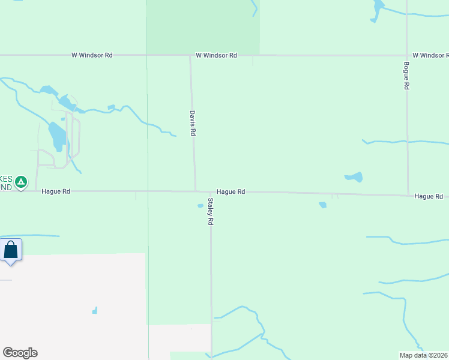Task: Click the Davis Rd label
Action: coord(193,122)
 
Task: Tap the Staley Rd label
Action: coord(211,212)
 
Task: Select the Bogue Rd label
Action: coord(406,76)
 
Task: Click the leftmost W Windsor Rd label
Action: coord(92,55)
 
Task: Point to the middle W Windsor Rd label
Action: coord(216,55)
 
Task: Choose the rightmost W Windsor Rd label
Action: coord(430,55)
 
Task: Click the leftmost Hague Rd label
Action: coord(56,191)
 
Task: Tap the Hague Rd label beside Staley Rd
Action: coord(231,192)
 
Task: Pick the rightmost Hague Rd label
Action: coord(428,196)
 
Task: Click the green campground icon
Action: coord(21,181)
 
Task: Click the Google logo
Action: coord(20,353)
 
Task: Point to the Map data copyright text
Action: coord(423,355)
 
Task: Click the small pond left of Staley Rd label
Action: coord(200,206)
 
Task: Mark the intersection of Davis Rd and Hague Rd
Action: coord(195,191)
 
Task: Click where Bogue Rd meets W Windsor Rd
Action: coord(406,55)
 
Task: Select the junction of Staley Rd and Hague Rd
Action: coord(211,192)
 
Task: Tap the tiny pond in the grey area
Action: coord(95,310)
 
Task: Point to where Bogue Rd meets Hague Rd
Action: coord(408,195)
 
